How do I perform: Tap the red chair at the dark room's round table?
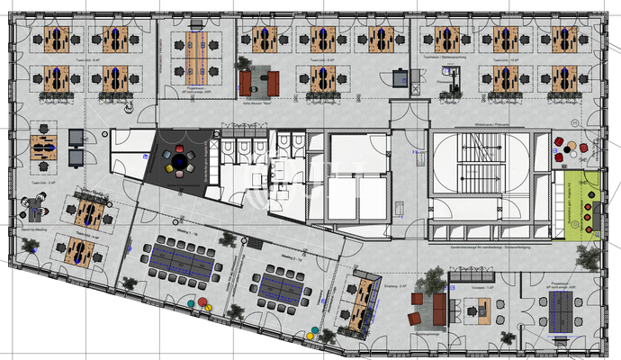pyautogui.click(x=178, y=148)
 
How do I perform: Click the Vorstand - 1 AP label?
pyautogui.click(x=478, y=287)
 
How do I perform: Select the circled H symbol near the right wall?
pyautogui.click(x=597, y=121)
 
